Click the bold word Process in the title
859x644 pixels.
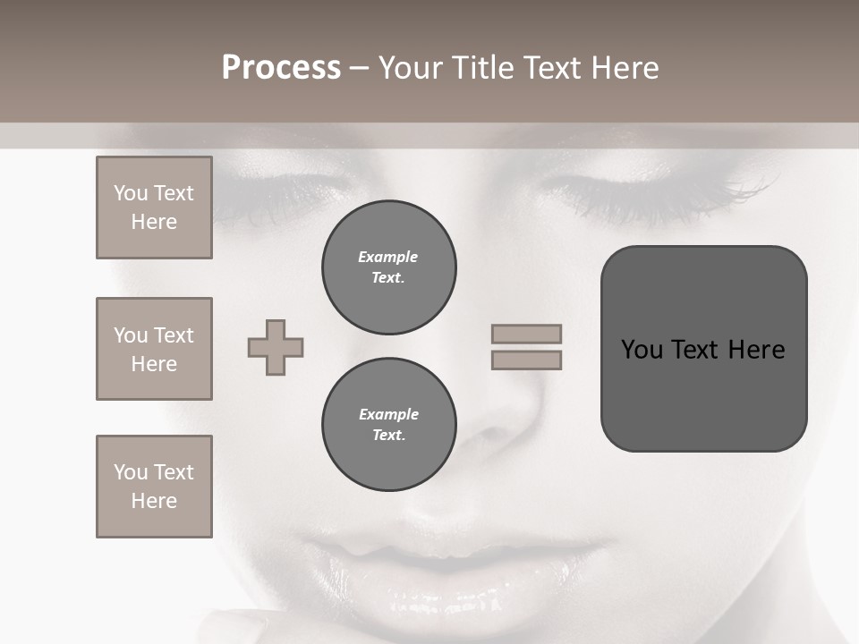(x=281, y=68)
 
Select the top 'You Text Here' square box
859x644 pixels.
(x=154, y=208)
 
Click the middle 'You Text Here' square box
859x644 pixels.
(x=154, y=349)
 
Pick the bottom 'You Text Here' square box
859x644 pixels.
(x=154, y=487)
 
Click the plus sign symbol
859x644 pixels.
(x=276, y=347)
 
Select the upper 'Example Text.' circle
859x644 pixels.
(x=388, y=267)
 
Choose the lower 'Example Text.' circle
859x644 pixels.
(x=388, y=425)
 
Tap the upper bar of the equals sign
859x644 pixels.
(x=526, y=334)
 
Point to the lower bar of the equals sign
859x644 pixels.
(x=526, y=360)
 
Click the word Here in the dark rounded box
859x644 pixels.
(x=756, y=350)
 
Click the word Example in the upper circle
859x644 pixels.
(x=388, y=257)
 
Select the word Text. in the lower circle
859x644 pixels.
(x=388, y=436)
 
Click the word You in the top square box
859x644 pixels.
(x=131, y=193)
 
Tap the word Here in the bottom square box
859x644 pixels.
(x=154, y=501)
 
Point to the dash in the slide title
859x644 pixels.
(x=360, y=68)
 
